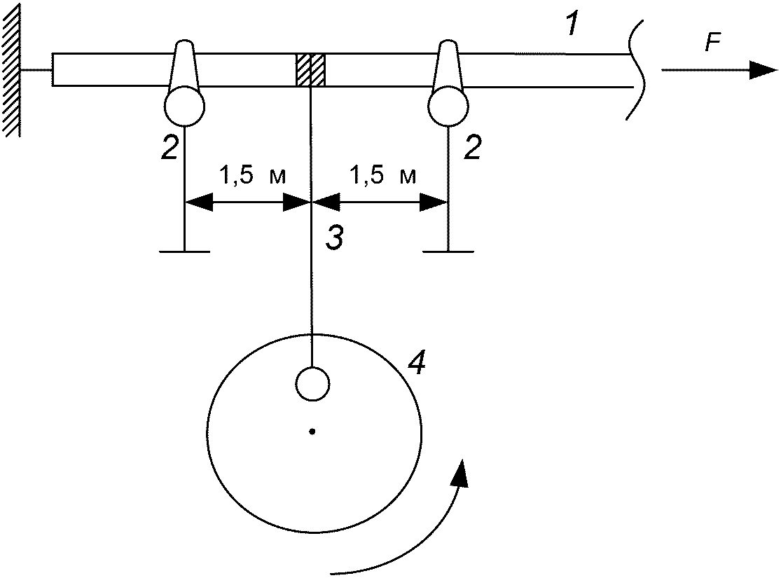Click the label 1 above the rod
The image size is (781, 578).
(574, 23)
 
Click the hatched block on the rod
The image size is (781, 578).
(311, 69)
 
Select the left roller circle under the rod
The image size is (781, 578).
(184, 106)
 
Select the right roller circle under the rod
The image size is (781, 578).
(448, 106)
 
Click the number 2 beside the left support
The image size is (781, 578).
(170, 148)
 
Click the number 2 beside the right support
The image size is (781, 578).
(472, 148)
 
